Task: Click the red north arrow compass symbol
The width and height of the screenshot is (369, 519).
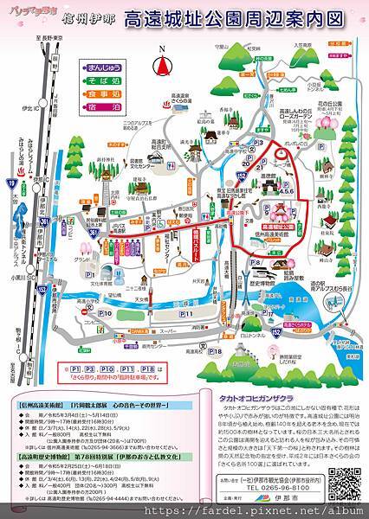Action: click(159, 65)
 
